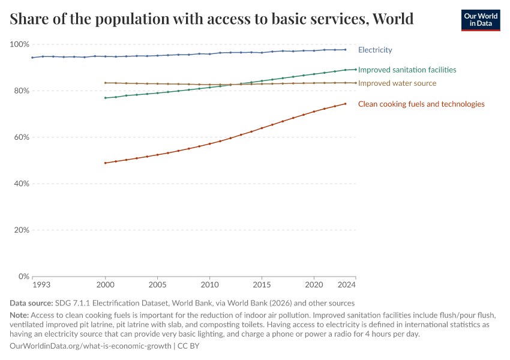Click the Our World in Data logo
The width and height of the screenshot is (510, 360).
[x=480, y=20]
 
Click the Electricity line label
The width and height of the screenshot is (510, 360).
[x=375, y=50]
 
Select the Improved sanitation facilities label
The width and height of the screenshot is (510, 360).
[x=407, y=70]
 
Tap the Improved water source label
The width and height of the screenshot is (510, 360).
[x=397, y=83]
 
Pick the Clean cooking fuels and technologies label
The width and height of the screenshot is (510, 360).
[x=421, y=104]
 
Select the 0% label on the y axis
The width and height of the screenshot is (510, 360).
[x=23, y=277]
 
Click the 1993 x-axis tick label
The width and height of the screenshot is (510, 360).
[x=41, y=285]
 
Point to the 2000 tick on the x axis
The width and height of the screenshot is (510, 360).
[x=106, y=285]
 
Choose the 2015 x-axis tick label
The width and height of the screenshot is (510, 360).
[x=262, y=285]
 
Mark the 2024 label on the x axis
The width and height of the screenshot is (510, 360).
[x=347, y=285]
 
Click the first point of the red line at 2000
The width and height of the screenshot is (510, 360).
[x=106, y=163]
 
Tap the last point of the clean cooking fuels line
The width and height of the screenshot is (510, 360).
[x=345, y=104]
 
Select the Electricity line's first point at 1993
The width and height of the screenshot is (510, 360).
[x=32, y=58]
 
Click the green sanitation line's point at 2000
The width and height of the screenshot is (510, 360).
[x=106, y=98]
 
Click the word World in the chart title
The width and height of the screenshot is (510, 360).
[x=393, y=19]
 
